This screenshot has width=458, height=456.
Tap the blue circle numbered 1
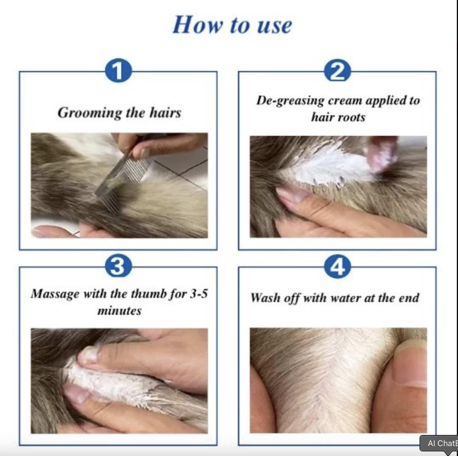point(118,71)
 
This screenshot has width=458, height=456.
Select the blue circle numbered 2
point(337,71)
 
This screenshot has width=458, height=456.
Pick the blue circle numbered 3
point(118,266)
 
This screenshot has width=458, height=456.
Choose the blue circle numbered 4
point(337,266)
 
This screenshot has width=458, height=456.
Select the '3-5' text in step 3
point(199,294)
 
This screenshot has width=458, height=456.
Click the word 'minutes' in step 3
point(120,311)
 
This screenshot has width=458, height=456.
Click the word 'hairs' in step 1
point(165,113)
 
